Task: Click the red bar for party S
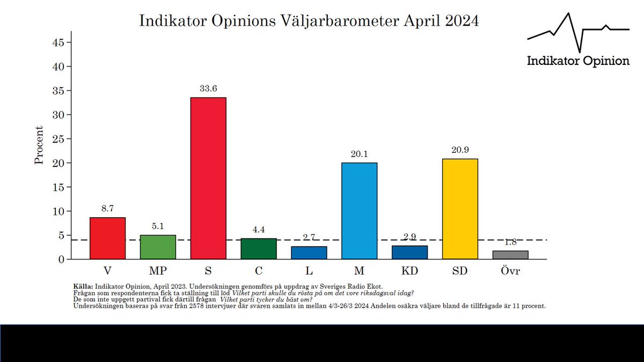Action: pos(208,178)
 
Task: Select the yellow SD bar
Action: pos(460,209)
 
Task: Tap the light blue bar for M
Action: pos(359,211)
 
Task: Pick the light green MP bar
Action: pos(158,247)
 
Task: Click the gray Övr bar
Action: pos(510,255)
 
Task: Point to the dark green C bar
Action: pos(259,249)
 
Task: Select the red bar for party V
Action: pos(107,238)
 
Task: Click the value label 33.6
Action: pos(208,89)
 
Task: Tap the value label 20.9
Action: pos(460,150)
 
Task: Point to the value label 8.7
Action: pos(107,209)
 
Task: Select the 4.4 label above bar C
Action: pos(259,230)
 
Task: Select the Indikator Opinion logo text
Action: pos(578,61)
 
